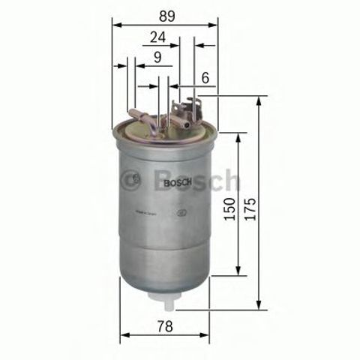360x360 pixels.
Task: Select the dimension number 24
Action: tap(157, 36)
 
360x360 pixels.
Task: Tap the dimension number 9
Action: tap(157, 57)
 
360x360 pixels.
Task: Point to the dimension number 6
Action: tap(205, 76)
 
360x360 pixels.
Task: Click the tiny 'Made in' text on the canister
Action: tap(149, 213)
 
